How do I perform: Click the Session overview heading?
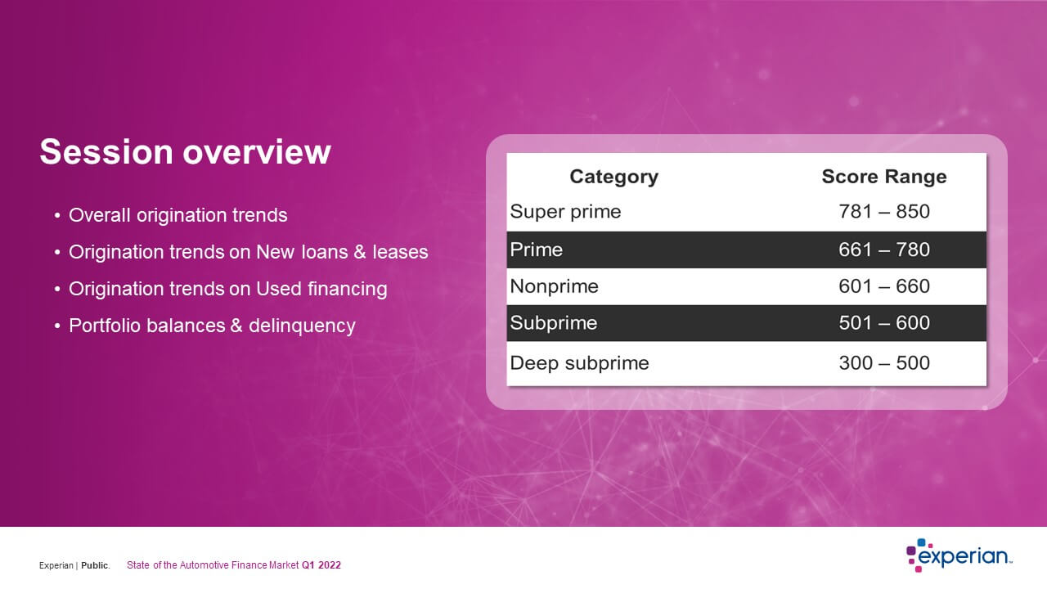click(x=185, y=152)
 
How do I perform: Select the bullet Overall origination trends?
click(x=178, y=215)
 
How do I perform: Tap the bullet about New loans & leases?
click(x=248, y=252)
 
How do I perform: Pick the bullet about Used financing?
click(x=228, y=289)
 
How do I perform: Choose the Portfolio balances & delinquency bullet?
click(x=212, y=326)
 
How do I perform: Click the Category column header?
click(x=613, y=178)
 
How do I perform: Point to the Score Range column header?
click(x=884, y=177)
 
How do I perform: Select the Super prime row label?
click(x=565, y=212)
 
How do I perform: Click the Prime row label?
click(x=536, y=250)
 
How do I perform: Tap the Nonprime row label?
click(x=554, y=286)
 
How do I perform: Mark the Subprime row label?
click(x=554, y=323)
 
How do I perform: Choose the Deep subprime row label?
click(x=579, y=363)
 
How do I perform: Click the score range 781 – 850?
click(x=884, y=212)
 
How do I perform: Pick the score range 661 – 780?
click(x=884, y=250)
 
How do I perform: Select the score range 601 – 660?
click(x=884, y=286)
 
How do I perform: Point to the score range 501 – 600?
click(x=884, y=323)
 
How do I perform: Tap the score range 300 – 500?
click(x=884, y=363)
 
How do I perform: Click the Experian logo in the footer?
click(x=959, y=555)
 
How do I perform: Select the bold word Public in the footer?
click(x=94, y=565)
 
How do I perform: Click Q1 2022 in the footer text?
click(x=321, y=565)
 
